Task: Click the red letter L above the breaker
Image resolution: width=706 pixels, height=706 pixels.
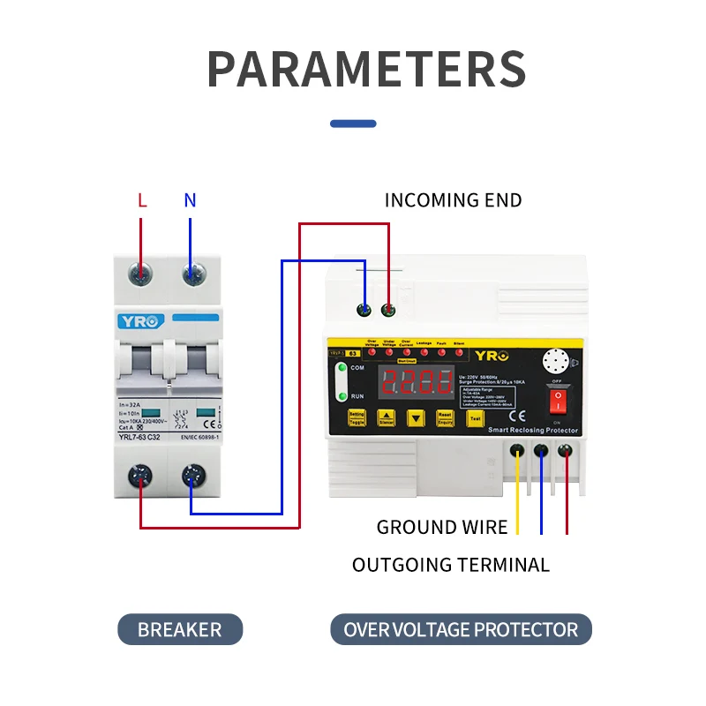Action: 141,200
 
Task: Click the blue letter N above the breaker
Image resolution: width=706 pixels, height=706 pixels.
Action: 190,200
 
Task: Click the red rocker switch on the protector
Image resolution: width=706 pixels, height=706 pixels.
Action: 557,402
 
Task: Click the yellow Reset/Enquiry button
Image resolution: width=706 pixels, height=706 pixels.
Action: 446,418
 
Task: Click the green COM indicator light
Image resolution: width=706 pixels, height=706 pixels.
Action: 342,371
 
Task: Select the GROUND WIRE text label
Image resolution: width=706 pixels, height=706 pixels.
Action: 442,528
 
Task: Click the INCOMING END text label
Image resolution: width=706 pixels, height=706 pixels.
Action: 453,200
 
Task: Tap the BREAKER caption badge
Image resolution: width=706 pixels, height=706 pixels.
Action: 180,630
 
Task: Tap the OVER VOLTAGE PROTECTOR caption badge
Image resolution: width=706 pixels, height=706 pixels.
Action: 461,630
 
